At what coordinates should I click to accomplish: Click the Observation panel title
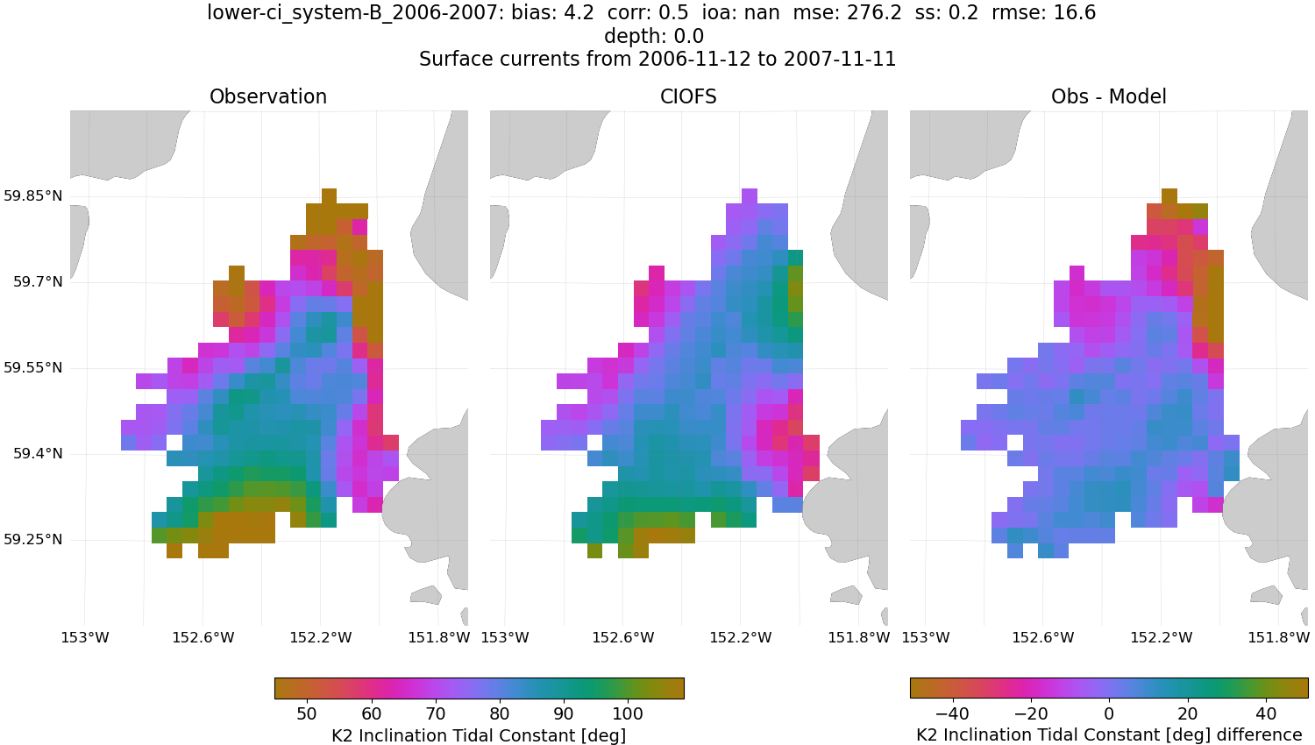[268, 96]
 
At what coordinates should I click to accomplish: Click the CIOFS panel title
[688, 96]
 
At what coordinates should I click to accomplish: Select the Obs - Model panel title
[1108, 96]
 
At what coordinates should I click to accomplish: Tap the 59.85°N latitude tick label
[33, 195]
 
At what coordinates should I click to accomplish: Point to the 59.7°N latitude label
[37, 281]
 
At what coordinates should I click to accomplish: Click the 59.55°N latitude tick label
[33, 367]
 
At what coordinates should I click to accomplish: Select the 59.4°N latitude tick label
[37, 453]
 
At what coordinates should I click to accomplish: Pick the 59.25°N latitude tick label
[33, 539]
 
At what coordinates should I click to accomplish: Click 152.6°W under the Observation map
[203, 637]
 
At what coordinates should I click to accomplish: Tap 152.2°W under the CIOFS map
[741, 637]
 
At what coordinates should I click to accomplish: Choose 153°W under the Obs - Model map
[926, 637]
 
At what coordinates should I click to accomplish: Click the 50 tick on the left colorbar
[307, 713]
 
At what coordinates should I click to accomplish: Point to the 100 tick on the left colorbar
[628, 713]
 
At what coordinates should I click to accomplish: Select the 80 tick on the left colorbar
[500, 713]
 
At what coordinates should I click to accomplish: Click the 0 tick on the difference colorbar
[1109, 713]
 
